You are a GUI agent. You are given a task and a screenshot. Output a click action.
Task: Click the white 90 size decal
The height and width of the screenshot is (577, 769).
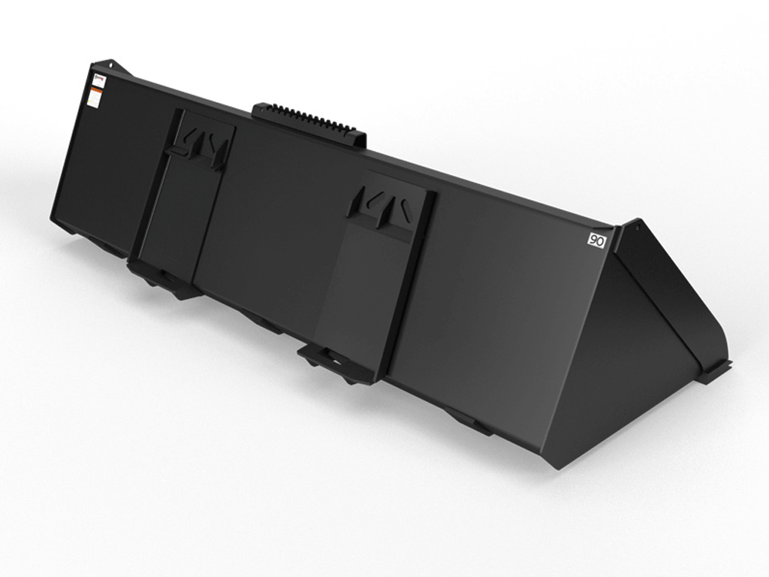point(596,241)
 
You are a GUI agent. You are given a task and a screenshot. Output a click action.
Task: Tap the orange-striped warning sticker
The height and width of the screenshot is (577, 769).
point(93,96)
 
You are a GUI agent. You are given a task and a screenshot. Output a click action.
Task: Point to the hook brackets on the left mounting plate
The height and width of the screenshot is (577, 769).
point(201,144)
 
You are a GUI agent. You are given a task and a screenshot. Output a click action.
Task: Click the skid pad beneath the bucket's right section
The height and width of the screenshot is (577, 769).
point(469,421)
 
